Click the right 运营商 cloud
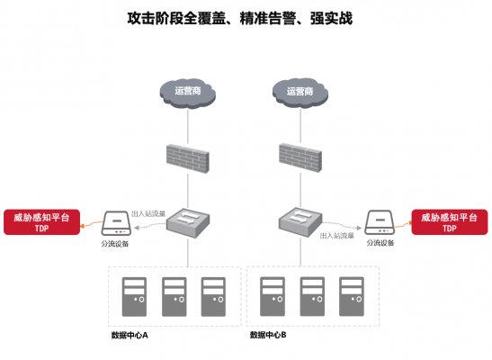pos(299,91)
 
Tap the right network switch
pos(299,220)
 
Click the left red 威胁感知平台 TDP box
pos(41,222)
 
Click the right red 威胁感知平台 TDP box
pos(449,222)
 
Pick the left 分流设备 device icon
pos(114,223)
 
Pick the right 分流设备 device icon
pos(380,223)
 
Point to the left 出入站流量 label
pos(149,213)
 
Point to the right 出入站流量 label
pos(337,235)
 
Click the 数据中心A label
pos(130,335)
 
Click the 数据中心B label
pos(268,335)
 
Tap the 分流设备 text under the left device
pos(115,244)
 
